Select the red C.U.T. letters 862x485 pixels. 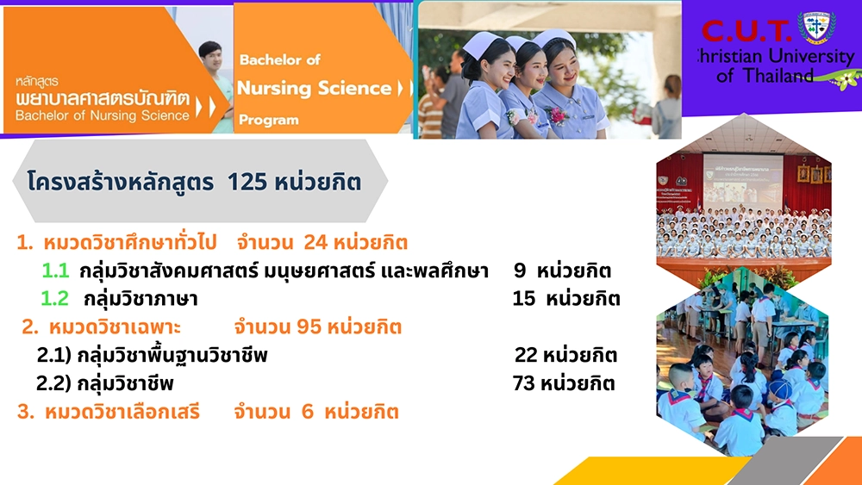click(746, 31)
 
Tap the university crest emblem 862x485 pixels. click(816, 26)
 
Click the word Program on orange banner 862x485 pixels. click(269, 120)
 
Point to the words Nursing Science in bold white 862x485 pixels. click(314, 88)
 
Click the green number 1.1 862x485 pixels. click(55, 270)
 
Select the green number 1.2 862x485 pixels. click(55, 298)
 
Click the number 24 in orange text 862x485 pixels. click(315, 242)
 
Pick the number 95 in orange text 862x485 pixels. click(309, 326)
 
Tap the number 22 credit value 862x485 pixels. click(526, 355)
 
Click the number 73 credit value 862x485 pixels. click(524, 382)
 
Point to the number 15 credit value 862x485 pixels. click(524, 298)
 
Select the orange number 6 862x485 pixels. click(308, 412)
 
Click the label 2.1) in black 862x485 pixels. click(53, 356)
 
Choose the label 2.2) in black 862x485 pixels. click(53, 383)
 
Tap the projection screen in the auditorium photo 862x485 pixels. click(743, 178)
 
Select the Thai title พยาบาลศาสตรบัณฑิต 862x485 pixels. click(103, 99)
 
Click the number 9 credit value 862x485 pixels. click(520, 270)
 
